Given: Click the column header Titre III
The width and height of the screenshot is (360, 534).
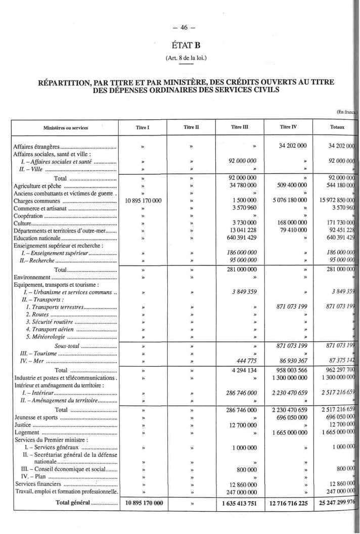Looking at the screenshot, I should (240, 127).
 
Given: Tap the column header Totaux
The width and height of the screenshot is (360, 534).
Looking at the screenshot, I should (336, 127).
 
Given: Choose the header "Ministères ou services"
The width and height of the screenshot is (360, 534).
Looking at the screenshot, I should (65, 128).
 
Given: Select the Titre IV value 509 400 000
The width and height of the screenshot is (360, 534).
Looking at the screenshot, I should (288, 186).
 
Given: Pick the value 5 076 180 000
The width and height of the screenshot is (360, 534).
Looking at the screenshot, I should (288, 200).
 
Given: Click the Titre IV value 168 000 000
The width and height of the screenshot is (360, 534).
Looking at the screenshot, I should (288, 223).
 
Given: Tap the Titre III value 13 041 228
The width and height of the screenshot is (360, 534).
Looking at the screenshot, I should (240, 231).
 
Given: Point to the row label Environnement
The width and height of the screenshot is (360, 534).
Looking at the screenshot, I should (32, 277).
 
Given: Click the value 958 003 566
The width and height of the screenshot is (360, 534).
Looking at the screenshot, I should (288, 370).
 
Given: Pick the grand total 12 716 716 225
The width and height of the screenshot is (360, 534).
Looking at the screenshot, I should (288, 503).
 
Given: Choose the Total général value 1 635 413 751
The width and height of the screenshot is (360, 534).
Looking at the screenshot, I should (240, 503).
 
